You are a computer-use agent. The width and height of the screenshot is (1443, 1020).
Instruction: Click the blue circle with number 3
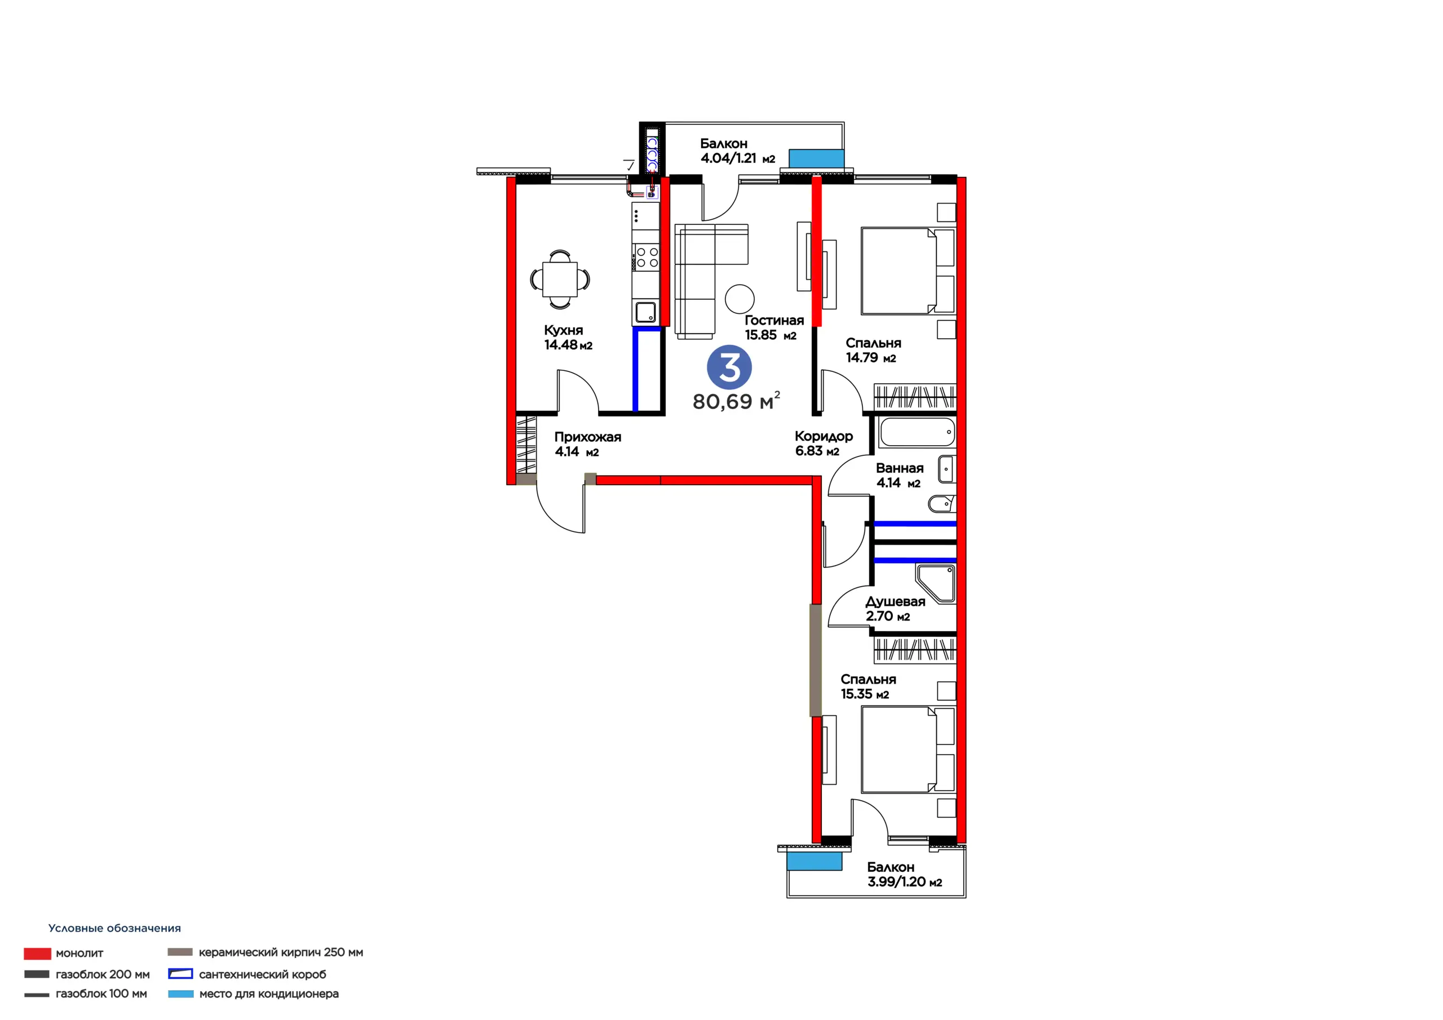tap(729, 367)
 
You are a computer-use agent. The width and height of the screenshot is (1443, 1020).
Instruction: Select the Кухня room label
tap(563, 330)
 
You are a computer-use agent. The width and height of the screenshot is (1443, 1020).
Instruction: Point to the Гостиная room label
tap(774, 321)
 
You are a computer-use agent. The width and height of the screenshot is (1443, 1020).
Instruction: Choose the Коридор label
tap(824, 436)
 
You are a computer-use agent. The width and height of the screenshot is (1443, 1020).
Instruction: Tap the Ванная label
tap(900, 468)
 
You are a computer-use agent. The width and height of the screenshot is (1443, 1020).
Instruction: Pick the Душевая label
tap(895, 601)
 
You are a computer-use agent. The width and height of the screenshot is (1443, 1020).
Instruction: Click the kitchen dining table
tap(560, 279)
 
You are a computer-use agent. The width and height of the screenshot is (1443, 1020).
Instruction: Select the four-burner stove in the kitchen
tap(646, 257)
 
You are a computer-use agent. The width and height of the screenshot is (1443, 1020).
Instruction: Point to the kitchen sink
tap(645, 312)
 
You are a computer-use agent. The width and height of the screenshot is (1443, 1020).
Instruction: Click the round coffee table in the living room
tap(740, 299)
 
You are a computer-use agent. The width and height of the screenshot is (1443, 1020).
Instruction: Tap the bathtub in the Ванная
tap(917, 432)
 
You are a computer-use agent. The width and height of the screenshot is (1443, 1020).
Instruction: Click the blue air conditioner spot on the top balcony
tap(816, 158)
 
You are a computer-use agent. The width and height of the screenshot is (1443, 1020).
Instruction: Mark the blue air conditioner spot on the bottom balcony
tap(814, 861)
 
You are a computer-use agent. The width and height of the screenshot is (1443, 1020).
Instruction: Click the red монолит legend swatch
tap(37, 954)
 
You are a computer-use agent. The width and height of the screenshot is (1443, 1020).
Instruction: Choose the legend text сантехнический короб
tap(263, 975)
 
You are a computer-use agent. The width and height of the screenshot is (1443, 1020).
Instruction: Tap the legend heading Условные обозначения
tap(114, 928)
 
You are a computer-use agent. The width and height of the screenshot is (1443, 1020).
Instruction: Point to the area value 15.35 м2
tap(865, 694)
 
